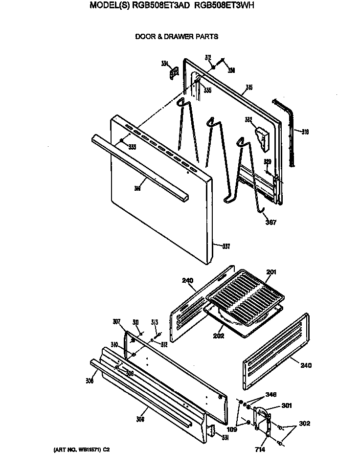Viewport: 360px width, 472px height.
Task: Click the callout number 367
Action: pyautogui.click(x=270, y=223)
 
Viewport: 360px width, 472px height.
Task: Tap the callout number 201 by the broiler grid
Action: pyautogui.click(x=271, y=272)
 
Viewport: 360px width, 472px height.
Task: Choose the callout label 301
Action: pyautogui.click(x=287, y=405)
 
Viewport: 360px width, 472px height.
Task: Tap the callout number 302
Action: pyautogui.click(x=304, y=424)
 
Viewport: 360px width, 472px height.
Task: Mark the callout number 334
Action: pyautogui.click(x=164, y=63)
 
